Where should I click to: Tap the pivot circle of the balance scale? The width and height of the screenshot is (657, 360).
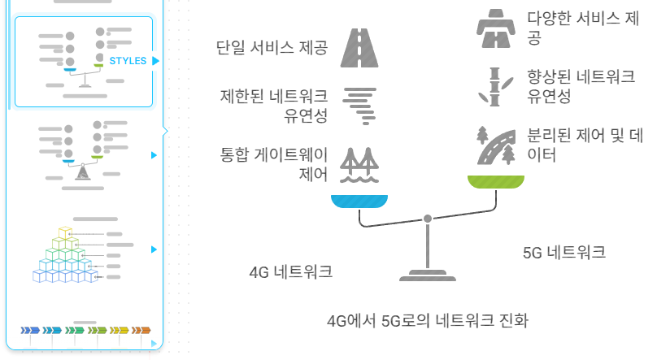(428, 219)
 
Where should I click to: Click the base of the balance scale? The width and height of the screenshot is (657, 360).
(428, 275)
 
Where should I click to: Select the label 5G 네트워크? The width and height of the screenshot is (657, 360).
(564, 252)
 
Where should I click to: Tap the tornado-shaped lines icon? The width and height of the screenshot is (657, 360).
(360, 106)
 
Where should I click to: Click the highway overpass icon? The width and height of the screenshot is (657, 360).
(496, 26)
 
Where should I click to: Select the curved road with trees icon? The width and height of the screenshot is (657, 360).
(496, 145)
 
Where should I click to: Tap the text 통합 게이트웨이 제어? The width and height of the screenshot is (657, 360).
(274, 163)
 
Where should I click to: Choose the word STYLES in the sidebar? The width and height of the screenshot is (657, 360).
(128, 61)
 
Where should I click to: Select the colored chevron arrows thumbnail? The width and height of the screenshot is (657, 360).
(86, 330)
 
